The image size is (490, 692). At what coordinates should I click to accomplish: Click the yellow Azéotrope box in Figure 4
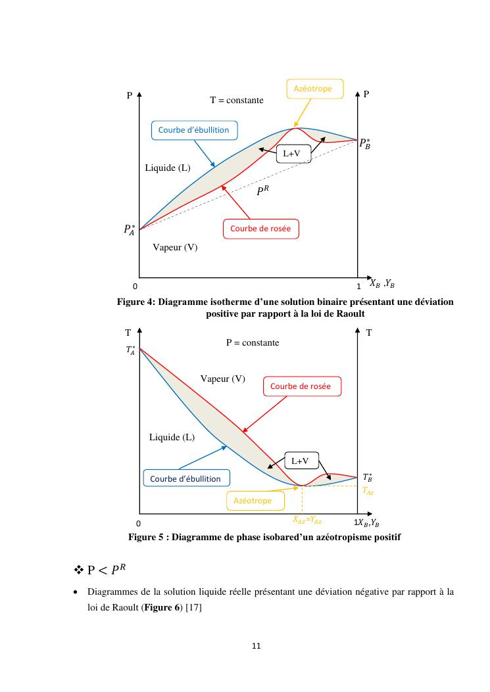click(x=313, y=89)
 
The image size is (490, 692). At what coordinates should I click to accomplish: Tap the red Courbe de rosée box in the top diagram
click(x=262, y=229)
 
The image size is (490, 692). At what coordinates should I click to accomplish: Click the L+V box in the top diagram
click(x=292, y=154)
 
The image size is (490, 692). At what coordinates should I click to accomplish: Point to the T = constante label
click(x=237, y=101)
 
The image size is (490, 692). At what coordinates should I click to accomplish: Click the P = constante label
click(x=253, y=343)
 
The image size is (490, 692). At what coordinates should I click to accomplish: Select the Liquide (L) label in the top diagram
click(x=168, y=168)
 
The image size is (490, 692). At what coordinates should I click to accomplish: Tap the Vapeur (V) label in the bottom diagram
click(x=222, y=379)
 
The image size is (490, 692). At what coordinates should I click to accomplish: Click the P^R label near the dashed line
click(x=263, y=191)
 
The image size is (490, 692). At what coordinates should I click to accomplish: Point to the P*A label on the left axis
click(x=129, y=229)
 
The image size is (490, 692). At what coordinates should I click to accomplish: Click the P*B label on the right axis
click(x=366, y=144)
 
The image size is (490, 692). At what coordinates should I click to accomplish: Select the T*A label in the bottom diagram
click(x=131, y=350)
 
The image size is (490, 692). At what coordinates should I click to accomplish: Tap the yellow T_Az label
click(x=368, y=490)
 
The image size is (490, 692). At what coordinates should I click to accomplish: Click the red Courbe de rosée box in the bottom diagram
click(x=301, y=386)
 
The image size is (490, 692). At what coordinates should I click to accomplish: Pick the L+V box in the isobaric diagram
click(x=301, y=461)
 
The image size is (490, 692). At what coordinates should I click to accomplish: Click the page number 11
click(x=257, y=646)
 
